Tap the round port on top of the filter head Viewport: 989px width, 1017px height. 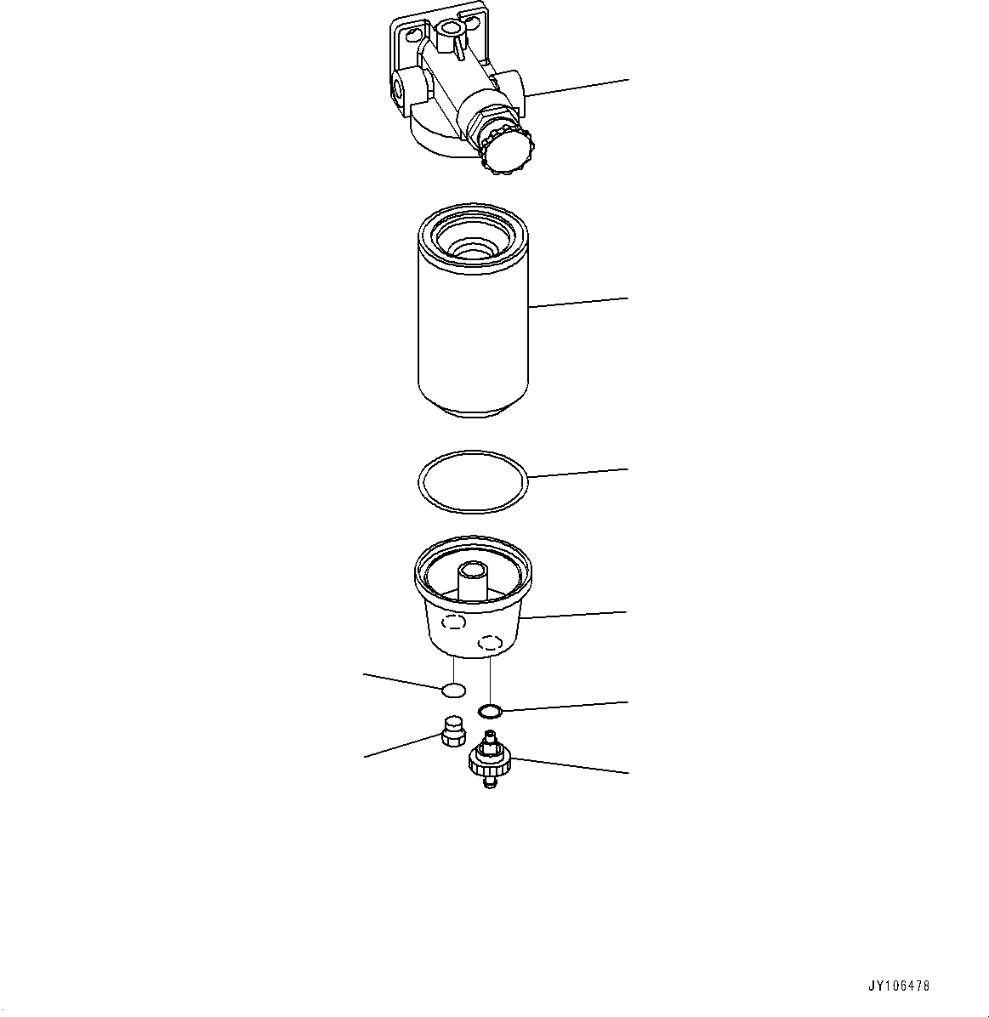click(448, 31)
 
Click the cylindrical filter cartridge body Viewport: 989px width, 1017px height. click(473, 340)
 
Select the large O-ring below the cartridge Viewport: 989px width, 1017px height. click(473, 481)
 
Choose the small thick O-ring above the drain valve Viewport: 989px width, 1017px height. click(490, 709)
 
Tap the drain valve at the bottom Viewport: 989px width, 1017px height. click(488, 758)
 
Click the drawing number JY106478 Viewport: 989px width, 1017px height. click(899, 986)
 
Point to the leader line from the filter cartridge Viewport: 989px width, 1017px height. click(578, 302)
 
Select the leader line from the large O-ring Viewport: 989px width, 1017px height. click(578, 473)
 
